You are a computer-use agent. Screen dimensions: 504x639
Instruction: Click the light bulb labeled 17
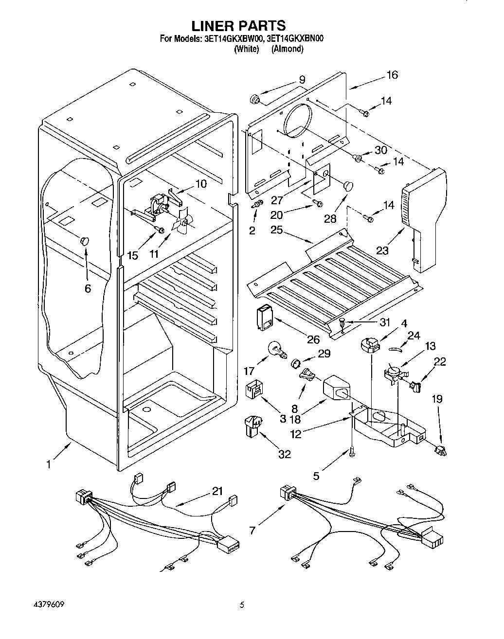pyautogui.click(x=278, y=350)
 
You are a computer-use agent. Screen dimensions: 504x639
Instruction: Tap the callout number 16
pyautogui.click(x=392, y=75)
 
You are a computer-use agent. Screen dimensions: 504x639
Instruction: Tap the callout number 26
pyautogui.click(x=313, y=339)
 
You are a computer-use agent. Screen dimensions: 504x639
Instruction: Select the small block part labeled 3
pyautogui.click(x=254, y=391)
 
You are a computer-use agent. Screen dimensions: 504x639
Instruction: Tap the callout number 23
pyautogui.click(x=382, y=250)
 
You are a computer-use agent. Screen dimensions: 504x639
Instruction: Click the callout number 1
pyautogui.click(x=49, y=464)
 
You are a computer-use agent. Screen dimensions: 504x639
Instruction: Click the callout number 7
pyautogui.click(x=252, y=530)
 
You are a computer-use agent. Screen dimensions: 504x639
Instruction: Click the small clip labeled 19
pyautogui.click(x=440, y=451)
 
